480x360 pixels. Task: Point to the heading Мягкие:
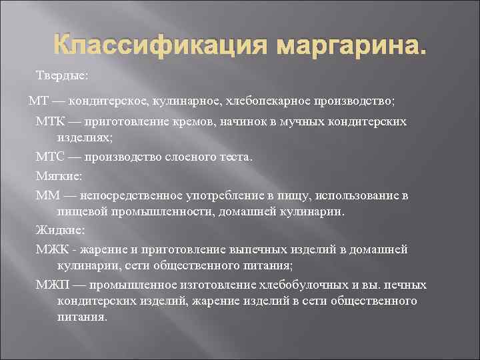click(56, 176)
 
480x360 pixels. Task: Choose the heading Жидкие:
click(57, 230)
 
